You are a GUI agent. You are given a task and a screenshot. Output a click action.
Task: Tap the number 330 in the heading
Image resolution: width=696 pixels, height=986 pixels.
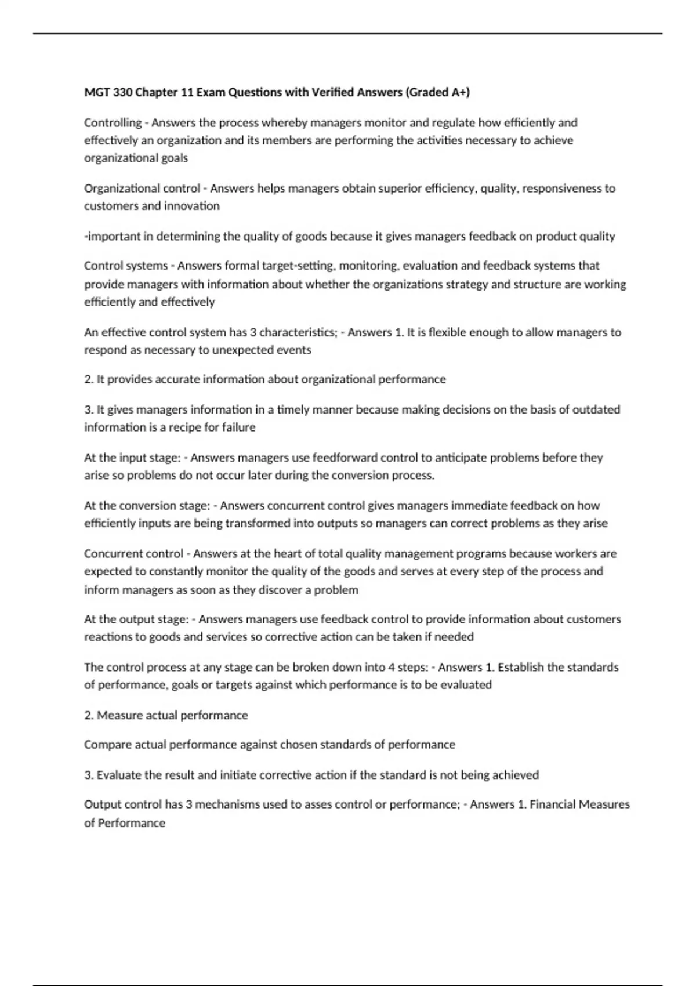(x=122, y=92)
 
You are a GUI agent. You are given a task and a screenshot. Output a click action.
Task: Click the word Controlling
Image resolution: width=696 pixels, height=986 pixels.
(x=113, y=123)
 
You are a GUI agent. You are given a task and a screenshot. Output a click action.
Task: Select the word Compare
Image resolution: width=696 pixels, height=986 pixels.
(x=108, y=745)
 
